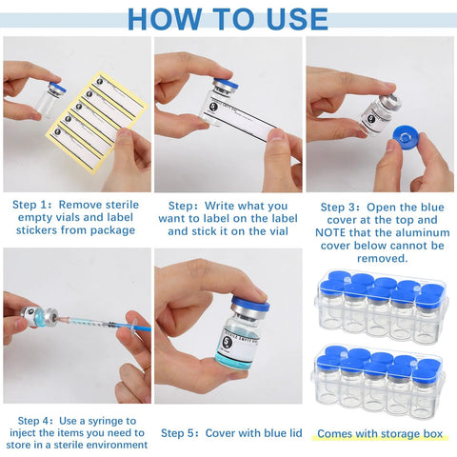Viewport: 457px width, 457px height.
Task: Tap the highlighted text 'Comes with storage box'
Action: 380,434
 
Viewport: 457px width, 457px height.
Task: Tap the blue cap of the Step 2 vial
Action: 224,86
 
